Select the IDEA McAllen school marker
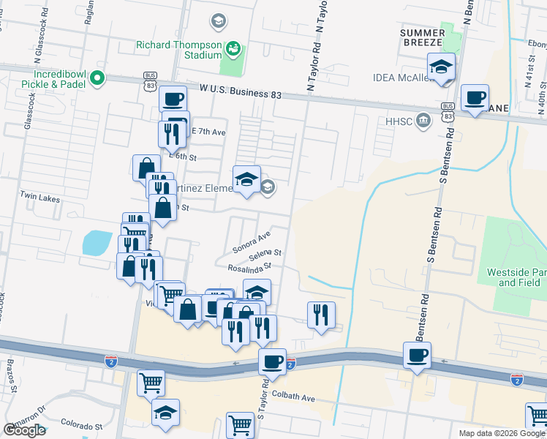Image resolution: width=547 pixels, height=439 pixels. (x=441, y=66)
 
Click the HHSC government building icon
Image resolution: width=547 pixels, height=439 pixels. (x=423, y=121)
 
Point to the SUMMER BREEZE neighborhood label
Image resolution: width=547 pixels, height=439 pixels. (x=422, y=39)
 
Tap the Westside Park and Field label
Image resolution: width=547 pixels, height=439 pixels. (x=516, y=277)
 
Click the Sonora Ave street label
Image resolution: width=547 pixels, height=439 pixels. (x=252, y=242)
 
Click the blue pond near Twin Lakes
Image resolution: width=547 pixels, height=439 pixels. (x=97, y=242)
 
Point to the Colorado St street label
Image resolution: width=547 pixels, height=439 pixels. (x=81, y=425)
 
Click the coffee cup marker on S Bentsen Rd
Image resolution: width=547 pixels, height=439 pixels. (x=417, y=356)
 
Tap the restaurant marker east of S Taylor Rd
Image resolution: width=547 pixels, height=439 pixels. (x=321, y=315)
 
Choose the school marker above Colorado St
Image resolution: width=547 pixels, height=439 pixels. (x=166, y=413)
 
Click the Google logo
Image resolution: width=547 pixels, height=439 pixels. (x=24, y=430)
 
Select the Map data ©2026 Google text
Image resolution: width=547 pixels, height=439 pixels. (x=502, y=433)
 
